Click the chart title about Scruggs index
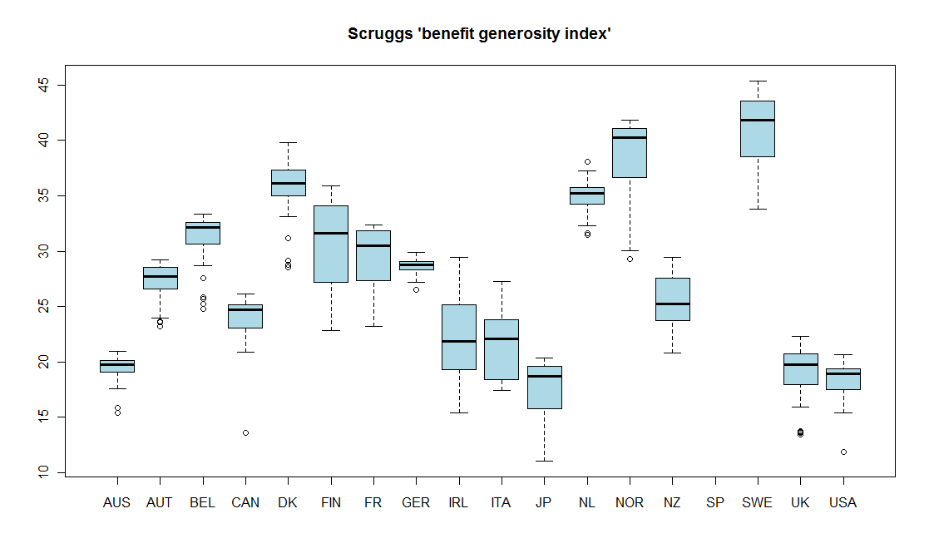pyautogui.click(x=479, y=34)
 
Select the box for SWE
pyautogui.click(x=758, y=129)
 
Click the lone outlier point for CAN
pyautogui.click(x=245, y=432)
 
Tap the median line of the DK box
pyautogui.click(x=288, y=183)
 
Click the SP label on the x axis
pyautogui.click(x=714, y=502)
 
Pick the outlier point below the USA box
pyautogui.click(x=843, y=452)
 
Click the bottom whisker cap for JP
pyautogui.click(x=544, y=461)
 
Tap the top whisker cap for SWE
pyautogui.click(x=758, y=81)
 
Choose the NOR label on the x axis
pyautogui.click(x=630, y=502)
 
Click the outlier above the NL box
pyautogui.click(x=587, y=161)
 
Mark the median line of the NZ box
pyautogui.click(x=672, y=304)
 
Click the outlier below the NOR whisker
pyautogui.click(x=630, y=259)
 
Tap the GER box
pyautogui.click(x=416, y=265)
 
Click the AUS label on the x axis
pyautogui.click(x=117, y=502)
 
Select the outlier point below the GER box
pyautogui.click(x=416, y=289)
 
